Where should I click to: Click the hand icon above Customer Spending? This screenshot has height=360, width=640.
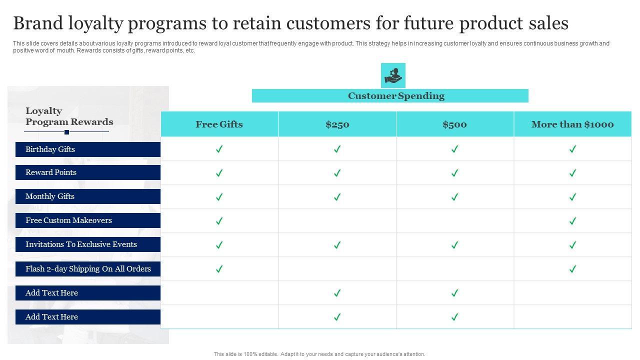pos(393,75)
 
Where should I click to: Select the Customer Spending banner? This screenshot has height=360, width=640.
pos(390,95)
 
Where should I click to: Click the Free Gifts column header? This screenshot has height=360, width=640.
pos(219,124)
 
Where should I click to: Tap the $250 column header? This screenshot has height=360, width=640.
pos(337,124)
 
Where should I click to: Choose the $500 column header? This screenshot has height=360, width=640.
pos(455,124)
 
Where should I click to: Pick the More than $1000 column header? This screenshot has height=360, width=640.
pos(572,124)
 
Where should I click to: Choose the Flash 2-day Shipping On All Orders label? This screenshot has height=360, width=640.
pos(88,269)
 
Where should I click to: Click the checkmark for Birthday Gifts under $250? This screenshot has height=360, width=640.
pos(337,149)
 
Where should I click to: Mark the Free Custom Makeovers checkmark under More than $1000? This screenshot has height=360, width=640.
pos(572,221)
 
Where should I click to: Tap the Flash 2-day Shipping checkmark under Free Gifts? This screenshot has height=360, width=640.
pos(219,269)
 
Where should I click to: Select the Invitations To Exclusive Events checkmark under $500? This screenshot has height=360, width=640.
pos(454,245)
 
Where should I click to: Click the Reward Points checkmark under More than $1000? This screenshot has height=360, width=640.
pos(572,173)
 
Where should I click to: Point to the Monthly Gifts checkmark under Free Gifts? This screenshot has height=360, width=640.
pos(219,197)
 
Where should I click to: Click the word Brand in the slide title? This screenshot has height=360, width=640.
pos(38,23)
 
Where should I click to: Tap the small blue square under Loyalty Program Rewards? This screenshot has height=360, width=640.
pos(66,132)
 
